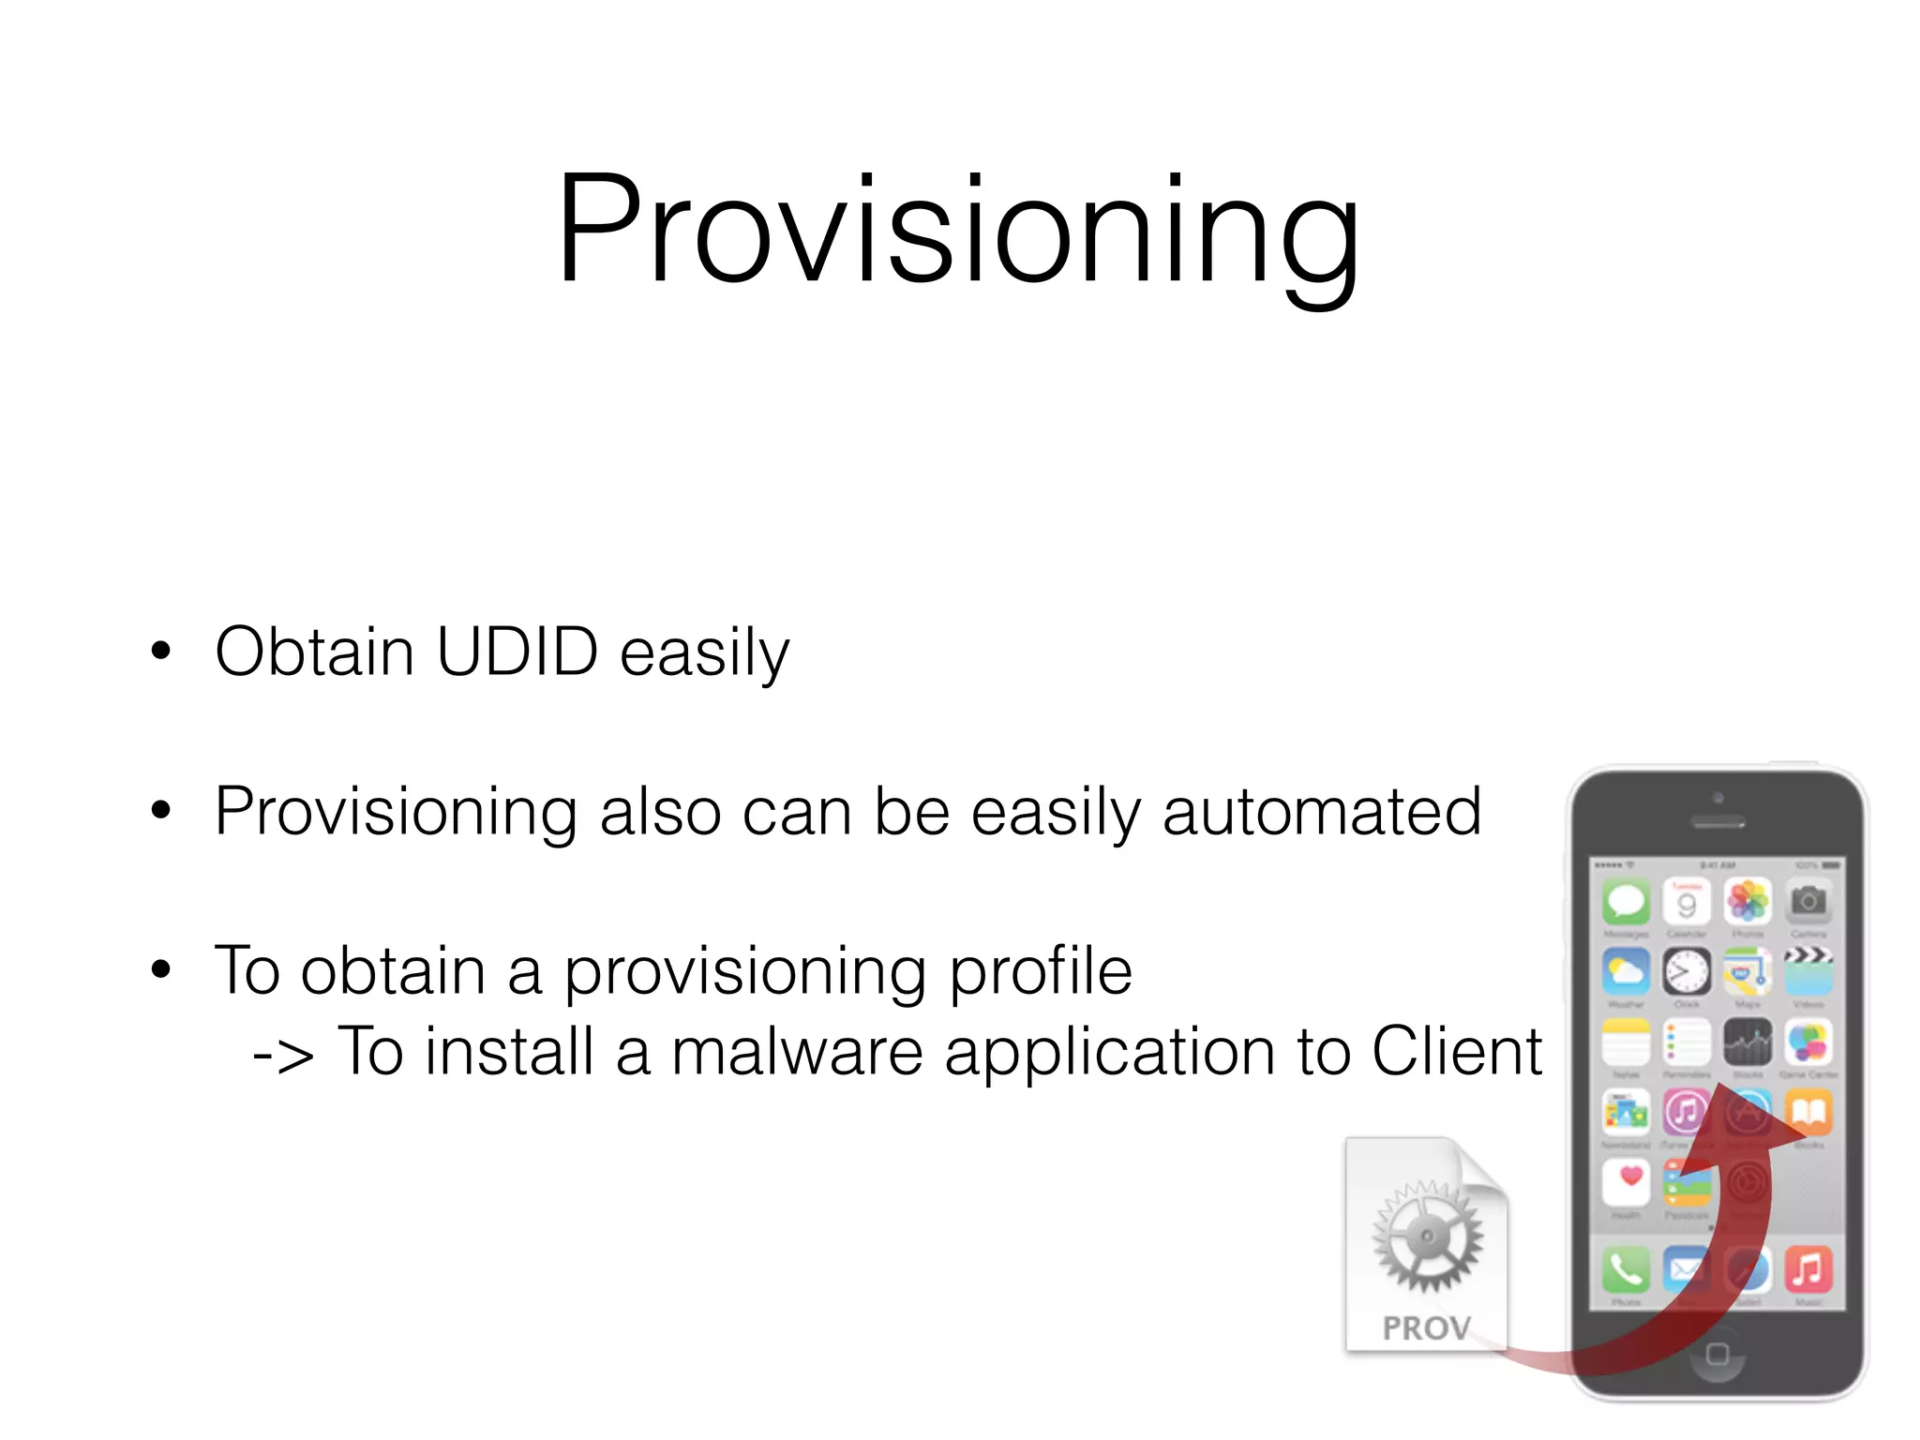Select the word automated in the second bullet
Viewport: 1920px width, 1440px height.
[1321, 811]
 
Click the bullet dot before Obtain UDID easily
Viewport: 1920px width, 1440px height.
[161, 650]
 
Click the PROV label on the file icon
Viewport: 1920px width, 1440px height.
[1426, 1327]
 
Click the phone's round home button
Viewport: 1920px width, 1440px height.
[1717, 1354]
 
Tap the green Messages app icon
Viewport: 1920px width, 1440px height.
[1627, 901]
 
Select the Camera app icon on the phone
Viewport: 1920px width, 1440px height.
[1808, 901]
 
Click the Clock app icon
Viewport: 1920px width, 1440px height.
[1687, 971]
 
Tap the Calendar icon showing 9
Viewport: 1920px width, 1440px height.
[1687, 901]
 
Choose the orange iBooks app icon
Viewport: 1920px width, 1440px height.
[1808, 1112]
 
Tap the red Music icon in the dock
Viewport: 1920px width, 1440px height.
[1808, 1269]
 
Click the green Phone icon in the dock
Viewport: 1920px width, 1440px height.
[1627, 1269]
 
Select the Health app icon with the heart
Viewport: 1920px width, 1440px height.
[1627, 1182]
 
